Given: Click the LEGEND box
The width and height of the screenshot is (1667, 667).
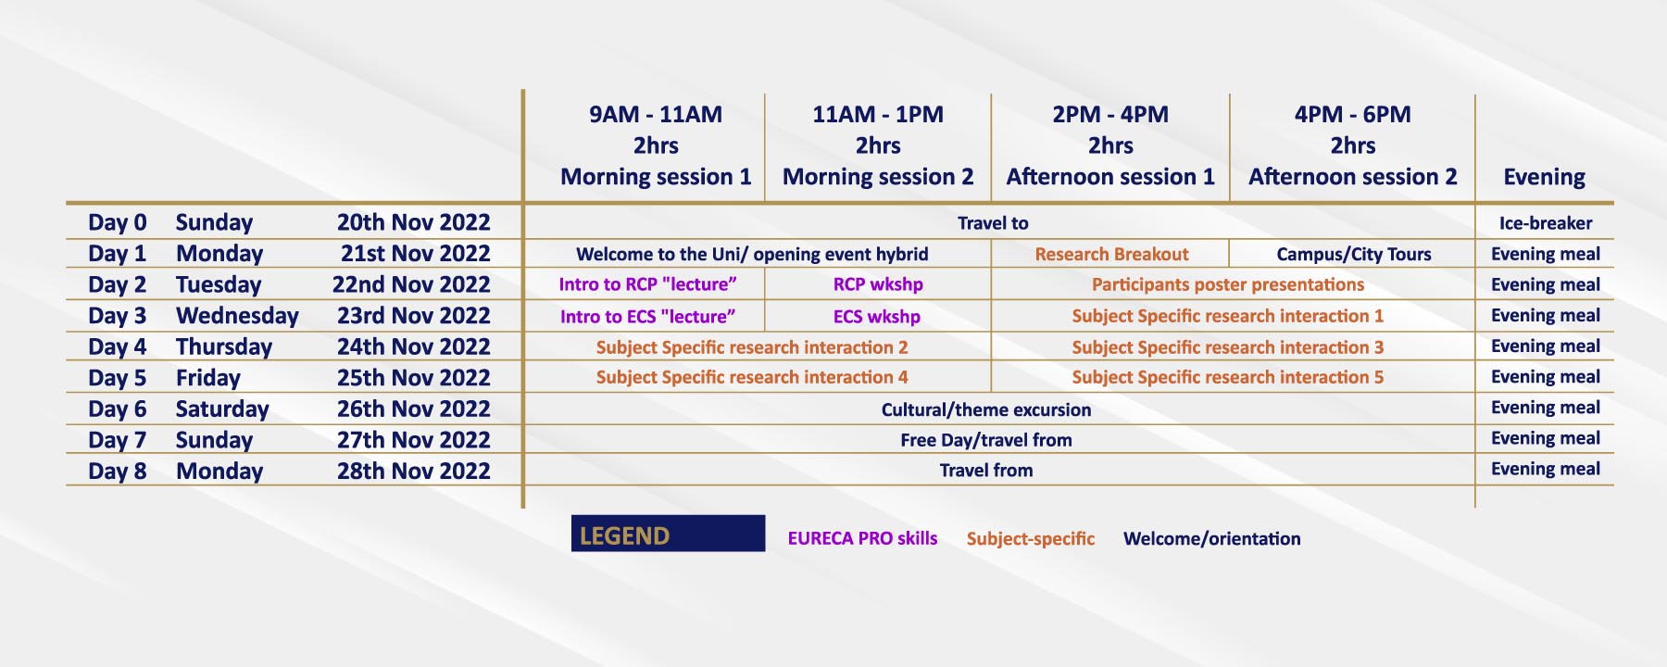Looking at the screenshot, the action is coord(668,534).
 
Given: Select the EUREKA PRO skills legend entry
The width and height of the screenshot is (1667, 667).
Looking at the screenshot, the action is coord(862,538).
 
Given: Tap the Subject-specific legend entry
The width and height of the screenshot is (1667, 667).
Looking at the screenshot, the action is coord(1030,539).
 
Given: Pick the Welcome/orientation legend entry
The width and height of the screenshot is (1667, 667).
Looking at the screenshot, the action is coord(1211,539).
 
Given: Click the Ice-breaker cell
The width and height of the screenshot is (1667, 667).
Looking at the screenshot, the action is coord(1546,223).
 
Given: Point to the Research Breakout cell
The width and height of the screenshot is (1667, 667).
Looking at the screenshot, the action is coord(1111,254).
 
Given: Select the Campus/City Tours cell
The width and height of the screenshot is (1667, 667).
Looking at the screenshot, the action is coord(1353,254).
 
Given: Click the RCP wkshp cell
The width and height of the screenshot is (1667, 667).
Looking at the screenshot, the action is coord(878,284).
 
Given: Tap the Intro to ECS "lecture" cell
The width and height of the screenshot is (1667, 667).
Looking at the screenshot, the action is coord(647,316).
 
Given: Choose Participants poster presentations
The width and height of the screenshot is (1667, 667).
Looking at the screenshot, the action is coord(1227,284).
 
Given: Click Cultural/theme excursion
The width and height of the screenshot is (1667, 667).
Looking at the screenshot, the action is coord(985,409).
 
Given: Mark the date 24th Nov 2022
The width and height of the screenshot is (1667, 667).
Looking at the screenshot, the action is coord(413,346).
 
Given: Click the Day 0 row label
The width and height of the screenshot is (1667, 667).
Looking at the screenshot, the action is coord(118,222).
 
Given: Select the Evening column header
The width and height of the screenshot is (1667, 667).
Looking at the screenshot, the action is coord(1544,177).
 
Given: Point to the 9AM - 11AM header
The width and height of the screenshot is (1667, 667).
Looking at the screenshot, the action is coord(656,115).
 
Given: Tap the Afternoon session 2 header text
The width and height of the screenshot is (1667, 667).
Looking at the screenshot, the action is coord(1352,177).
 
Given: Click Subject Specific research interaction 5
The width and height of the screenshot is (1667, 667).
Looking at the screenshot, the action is coord(1227,377).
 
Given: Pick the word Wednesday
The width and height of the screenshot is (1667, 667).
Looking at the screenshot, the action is coord(237,316).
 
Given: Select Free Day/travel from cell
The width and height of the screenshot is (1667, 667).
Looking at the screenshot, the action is coord(985,440).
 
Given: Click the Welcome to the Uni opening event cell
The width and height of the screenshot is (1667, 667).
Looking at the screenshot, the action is coord(752,254).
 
